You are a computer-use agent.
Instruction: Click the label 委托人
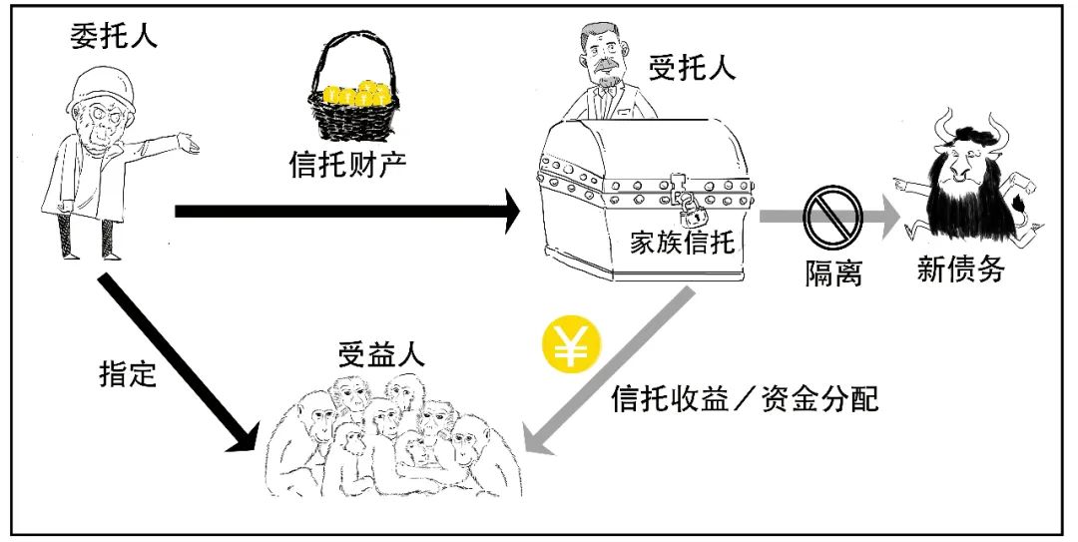click(114, 38)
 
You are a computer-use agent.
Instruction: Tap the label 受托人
click(692, 68)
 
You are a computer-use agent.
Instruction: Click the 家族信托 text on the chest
click(682, 243)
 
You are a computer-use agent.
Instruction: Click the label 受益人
click(380, 355)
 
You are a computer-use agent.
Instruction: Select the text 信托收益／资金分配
click(745, 400)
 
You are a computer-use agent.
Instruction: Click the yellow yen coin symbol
click(570, 345)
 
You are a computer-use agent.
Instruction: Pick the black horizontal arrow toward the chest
click(349, 211)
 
